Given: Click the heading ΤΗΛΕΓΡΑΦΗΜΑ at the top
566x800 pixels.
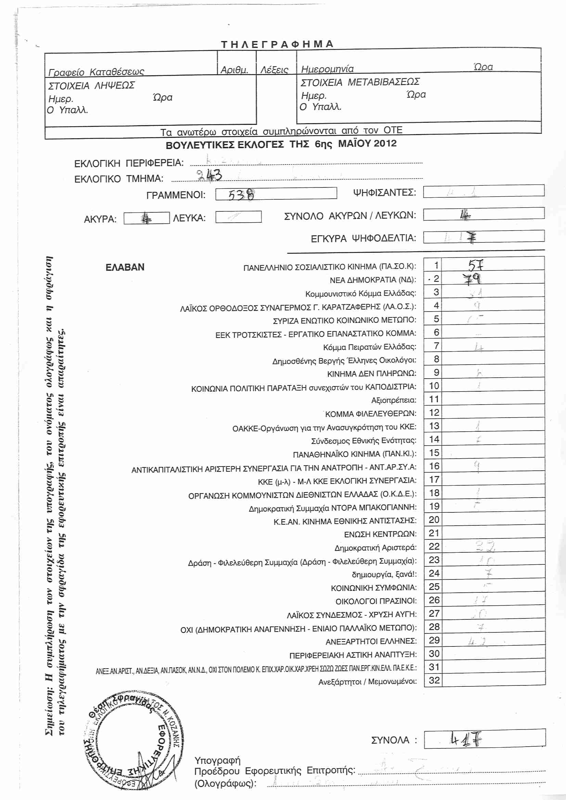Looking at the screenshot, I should (278, 44).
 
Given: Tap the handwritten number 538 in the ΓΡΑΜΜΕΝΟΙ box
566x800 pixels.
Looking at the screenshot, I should (241, 194).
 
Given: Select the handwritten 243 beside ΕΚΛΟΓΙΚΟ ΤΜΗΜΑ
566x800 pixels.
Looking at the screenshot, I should (209, 175).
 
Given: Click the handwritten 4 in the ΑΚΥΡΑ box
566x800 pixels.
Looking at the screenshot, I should (147, 219).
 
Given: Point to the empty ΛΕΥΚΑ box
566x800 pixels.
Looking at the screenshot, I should (239, 217).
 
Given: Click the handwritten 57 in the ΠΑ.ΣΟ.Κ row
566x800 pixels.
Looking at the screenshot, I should (476, 265).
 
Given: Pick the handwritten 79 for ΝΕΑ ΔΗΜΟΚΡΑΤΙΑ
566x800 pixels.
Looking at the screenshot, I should (472, 279).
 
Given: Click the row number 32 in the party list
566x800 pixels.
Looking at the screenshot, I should (434, 680).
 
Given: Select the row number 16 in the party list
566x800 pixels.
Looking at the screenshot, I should (434, 466).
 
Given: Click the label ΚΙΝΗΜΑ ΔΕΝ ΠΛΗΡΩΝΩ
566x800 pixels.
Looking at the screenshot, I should (372, 373).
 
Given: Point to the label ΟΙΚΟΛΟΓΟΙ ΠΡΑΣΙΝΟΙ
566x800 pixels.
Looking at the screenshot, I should (376, 601).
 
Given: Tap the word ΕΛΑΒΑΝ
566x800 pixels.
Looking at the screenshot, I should (125, 267).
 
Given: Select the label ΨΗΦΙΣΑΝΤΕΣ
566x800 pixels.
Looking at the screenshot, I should (384, 192).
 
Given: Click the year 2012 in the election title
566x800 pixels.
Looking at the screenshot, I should (385, 143).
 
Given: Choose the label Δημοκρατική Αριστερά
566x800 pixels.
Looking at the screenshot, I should (375, 547).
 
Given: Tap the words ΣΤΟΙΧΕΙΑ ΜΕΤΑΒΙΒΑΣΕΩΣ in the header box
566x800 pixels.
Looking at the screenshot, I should (360, 82).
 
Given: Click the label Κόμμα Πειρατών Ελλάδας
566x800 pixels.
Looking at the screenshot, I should (370, 347).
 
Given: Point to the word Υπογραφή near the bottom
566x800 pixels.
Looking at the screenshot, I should (218, 760).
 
